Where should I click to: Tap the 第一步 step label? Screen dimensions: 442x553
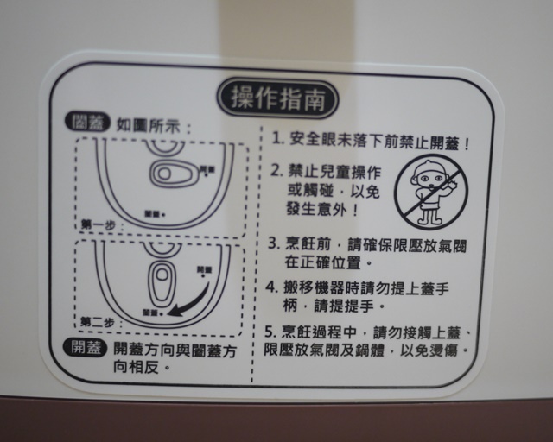[97, 224]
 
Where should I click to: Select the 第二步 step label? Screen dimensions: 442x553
[97, 322]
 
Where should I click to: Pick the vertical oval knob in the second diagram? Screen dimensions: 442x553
[161, 281]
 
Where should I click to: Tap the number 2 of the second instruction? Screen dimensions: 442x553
[276, 171]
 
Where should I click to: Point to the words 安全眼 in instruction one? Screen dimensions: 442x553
[315, 138]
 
